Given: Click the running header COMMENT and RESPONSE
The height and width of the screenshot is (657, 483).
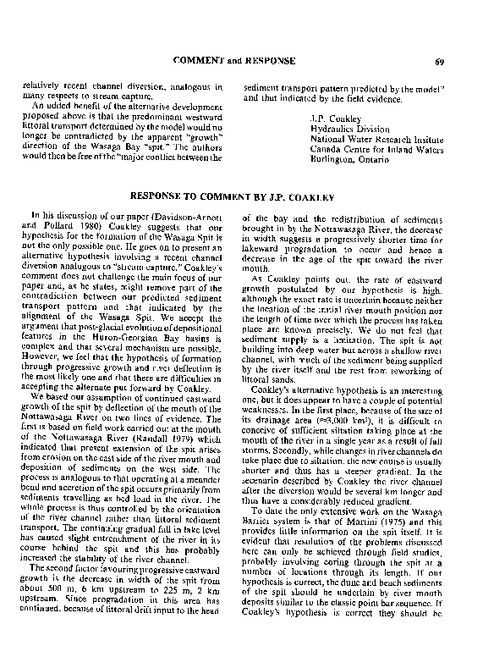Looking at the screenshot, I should click(233, 61).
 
